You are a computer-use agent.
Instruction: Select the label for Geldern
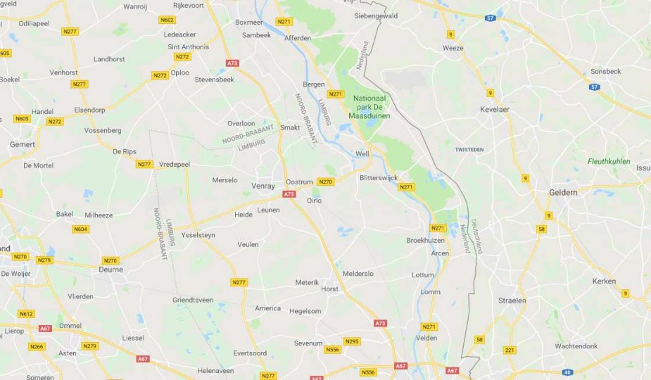pos(563,192)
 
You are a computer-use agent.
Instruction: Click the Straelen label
pos(512,300)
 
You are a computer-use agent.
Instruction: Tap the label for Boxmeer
pos(248,22)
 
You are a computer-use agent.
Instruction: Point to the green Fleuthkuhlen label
pos(609,161)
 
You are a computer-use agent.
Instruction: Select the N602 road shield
pos(168,20)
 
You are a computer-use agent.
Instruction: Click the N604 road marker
pos(80,229)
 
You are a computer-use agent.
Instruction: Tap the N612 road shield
pos(26,314)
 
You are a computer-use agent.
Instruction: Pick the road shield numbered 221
pos(510,350)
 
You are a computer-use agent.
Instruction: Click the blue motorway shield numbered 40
pos(567,372)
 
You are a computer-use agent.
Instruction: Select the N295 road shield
pos(352,341)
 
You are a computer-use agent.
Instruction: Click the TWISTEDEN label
pos(469,150)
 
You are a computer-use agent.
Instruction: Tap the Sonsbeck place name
pos(605,71)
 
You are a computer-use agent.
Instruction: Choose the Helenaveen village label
pos(215,370)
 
